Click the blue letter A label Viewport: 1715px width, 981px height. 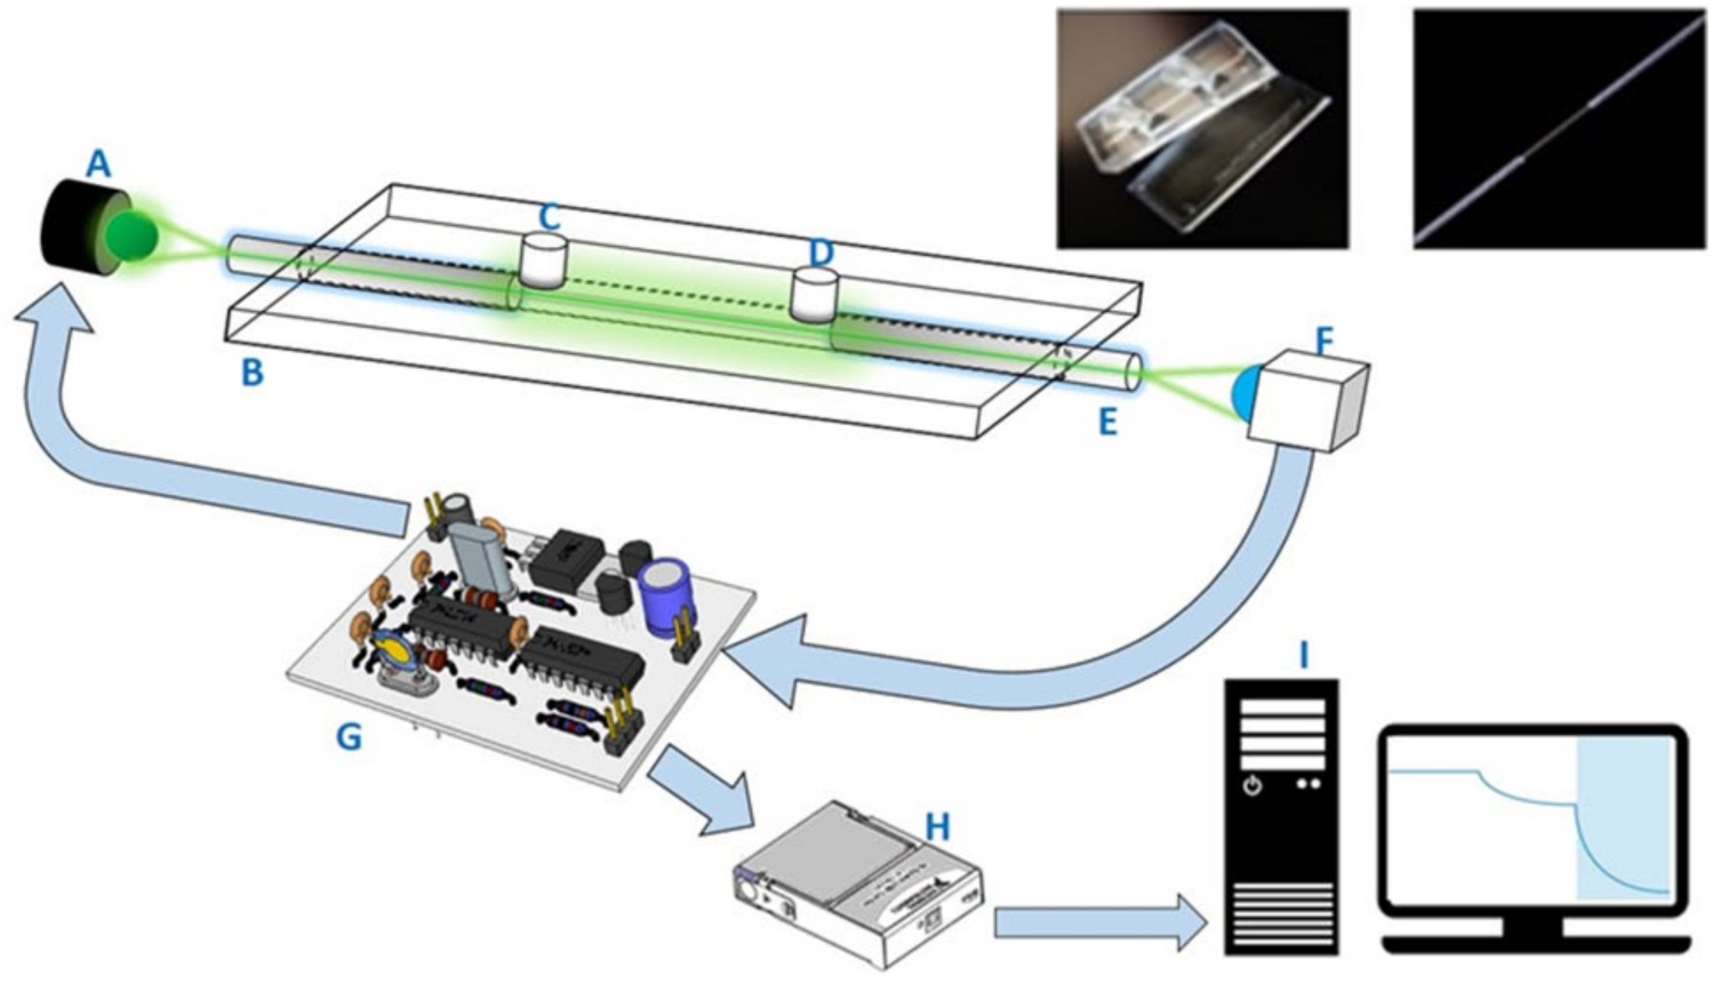(x=98, y=164)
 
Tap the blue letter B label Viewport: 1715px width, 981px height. (x=252, y=373)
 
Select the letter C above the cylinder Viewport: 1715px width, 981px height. (x=549, y=217)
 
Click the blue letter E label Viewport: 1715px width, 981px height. (x=1107, y=422)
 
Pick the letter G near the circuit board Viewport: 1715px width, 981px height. (x=348, y=736)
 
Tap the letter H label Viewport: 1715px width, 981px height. (x=937, y=827)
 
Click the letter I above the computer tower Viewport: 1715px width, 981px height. (x=1303, y=654)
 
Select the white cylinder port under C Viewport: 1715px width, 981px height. (x=545, y=260)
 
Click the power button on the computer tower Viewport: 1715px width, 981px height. (x=1252, y=787)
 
